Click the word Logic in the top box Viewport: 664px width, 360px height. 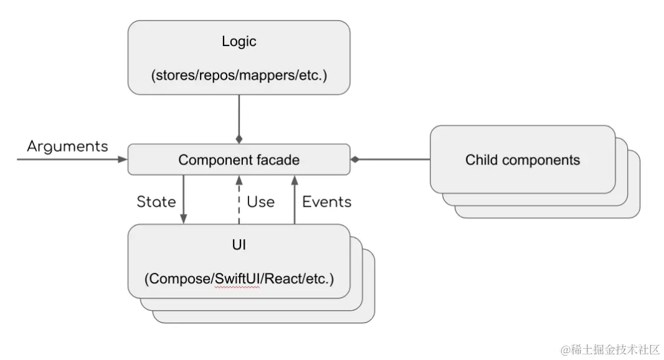239,42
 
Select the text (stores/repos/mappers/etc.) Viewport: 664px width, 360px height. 239,75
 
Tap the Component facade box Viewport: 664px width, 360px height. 239,159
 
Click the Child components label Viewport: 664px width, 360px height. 523,159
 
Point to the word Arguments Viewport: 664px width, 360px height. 68,146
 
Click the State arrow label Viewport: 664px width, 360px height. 156,202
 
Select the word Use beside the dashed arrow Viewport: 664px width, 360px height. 260,202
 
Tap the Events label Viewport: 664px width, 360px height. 327,202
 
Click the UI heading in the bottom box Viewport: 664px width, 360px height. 239,245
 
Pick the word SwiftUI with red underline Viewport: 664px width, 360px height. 237,279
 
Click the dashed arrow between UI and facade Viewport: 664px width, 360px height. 239,199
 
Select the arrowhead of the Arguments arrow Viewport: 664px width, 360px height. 122,159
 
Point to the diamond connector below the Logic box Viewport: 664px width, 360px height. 239,139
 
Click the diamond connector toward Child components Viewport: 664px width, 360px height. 355,159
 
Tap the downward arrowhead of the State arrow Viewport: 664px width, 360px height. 183,219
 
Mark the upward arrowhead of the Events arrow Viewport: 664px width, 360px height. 295,181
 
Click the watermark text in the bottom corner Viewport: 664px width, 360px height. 610,349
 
